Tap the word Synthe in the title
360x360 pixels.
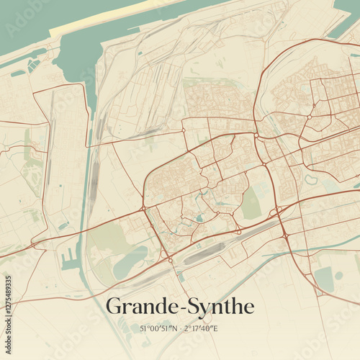click(220, 307)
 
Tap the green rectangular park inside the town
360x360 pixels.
click(251, 204)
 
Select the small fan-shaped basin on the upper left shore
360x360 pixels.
click(33, 65)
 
